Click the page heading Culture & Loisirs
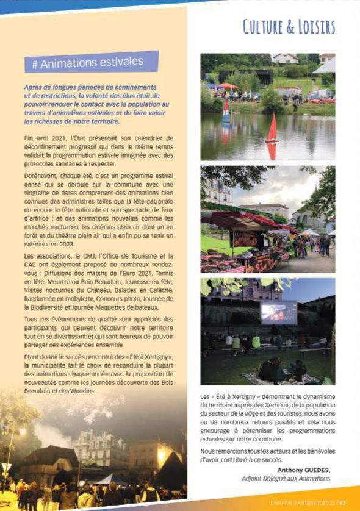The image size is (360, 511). click(289, 27)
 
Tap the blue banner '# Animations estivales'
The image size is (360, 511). click(92, 62)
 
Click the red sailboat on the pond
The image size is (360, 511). click(272, 129)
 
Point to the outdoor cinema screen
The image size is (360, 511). click(278, 312)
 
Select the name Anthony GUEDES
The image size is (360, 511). click(303, 470)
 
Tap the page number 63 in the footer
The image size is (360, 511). click(343, 503)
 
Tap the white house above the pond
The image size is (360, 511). click(286, 59)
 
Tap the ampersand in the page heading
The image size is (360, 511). click(289, 27)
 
